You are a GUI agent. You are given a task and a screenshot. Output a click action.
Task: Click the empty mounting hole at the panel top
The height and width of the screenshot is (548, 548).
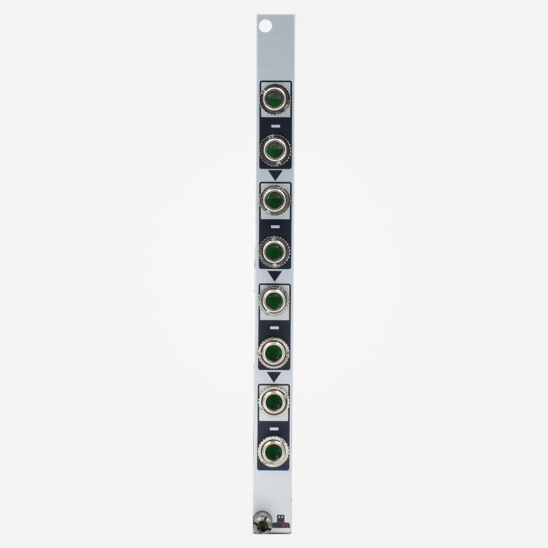(x=265, y=25)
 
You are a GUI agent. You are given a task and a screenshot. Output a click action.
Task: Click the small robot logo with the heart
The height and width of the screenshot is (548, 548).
(x=281, y=522)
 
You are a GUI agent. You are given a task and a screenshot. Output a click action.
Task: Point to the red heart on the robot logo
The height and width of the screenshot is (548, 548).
(x=283, y=525)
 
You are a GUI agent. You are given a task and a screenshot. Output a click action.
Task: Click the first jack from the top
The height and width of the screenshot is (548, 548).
(x=275, y=99)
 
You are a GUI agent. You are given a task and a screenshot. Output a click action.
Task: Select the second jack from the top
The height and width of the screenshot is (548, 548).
(x=275, y=149)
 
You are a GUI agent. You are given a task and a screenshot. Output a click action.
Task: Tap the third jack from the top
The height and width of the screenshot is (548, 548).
(x=275, y=200)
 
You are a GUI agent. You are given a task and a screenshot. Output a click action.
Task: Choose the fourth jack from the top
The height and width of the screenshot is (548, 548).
(x=275, y=250)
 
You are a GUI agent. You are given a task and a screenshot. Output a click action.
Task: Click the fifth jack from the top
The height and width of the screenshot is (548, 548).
(x=275, y=301)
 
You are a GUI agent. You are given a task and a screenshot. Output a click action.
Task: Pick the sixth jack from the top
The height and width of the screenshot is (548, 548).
(x=275, y=351)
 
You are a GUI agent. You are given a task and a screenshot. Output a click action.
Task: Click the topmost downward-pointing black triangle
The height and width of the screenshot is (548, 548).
(x=275, y=175)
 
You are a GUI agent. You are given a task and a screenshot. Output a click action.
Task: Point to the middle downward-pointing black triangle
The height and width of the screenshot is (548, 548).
(x=275, y=276)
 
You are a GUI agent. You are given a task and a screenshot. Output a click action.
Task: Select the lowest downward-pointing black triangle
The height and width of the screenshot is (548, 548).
(x=275, y=376)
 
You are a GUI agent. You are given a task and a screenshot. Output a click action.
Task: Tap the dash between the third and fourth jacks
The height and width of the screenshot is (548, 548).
(x=275, y=226)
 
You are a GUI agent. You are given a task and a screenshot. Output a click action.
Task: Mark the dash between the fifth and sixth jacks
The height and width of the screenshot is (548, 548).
(x=275, y=327)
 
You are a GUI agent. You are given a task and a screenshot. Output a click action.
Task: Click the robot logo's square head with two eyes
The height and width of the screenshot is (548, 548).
(x=281, y=517)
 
